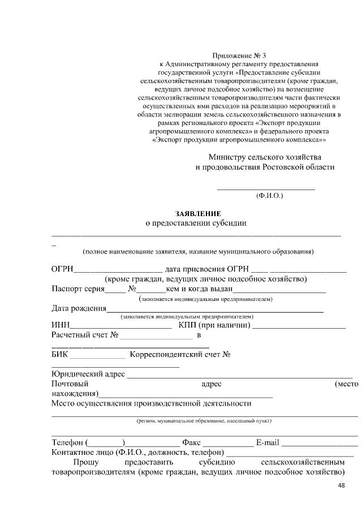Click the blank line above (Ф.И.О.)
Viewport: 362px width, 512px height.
[266, 188]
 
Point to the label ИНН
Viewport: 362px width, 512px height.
[60, 325]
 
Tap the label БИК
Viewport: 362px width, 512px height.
[59, 355]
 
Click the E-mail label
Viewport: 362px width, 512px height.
[268, 442]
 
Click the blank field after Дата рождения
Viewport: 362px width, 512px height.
[215, 310]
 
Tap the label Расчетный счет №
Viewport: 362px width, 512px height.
[84, 335]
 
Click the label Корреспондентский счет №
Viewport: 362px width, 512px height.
[179, 355]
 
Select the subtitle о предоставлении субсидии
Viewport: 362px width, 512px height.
[196, 223]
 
